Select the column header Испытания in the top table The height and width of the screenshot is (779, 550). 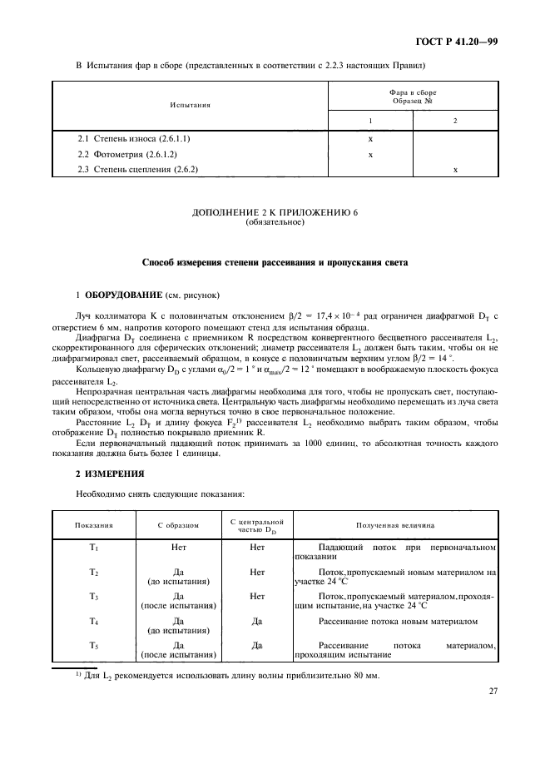click(x=190, y=106)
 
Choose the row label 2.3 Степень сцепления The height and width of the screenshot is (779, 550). click(x=137, y=170)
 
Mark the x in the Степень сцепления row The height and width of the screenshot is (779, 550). click(x=454, y=170)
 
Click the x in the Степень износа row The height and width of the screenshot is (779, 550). click(x=369, y=138)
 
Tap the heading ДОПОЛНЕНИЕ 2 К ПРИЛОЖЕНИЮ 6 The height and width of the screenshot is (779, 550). click(x=275, y=213)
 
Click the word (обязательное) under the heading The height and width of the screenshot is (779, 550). click(x=275, y=222)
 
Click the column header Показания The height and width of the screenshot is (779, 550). click(x=94, y=526)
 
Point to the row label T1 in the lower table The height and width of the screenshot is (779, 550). click(x=94, y=548)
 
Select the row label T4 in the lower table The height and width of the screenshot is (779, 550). click(x=94, y=621)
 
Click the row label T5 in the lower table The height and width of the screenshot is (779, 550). click(x=94, y=645)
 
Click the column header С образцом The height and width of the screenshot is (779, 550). click(x=178, y=526)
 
